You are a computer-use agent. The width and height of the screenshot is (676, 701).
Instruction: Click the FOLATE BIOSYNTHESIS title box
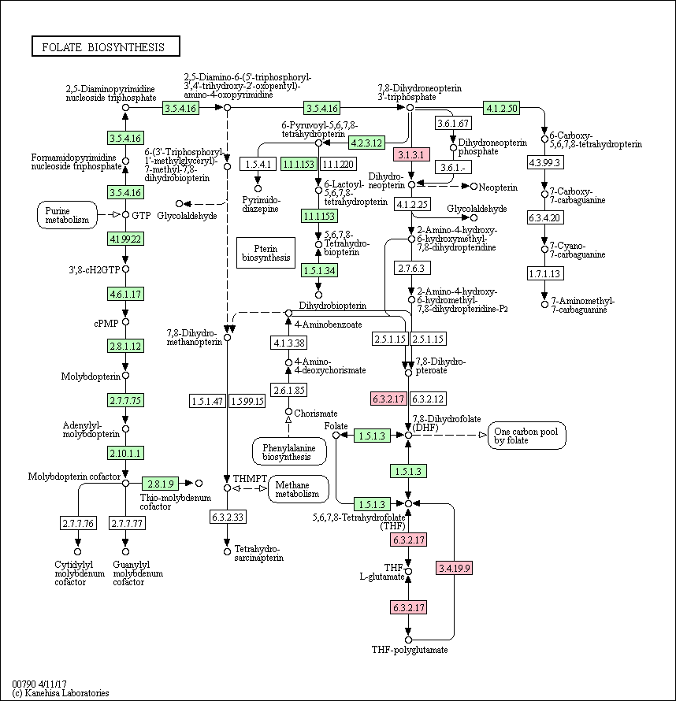106,46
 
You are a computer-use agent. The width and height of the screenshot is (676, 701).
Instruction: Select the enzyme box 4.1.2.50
502,108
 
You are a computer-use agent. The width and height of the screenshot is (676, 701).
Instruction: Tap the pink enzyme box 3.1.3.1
411,154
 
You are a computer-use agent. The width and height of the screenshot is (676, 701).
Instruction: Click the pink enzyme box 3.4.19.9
455,568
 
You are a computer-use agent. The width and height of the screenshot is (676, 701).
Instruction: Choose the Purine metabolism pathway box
67,215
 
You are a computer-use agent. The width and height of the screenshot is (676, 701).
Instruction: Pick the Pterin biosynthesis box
266,253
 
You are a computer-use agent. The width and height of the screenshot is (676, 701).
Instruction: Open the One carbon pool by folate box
526,436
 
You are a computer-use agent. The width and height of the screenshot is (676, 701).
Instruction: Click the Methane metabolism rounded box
298,489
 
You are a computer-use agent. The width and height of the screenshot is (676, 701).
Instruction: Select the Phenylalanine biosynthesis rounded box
289,451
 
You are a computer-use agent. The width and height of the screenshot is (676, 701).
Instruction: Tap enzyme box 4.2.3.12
366,143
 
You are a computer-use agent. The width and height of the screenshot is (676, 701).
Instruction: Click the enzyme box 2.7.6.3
412,268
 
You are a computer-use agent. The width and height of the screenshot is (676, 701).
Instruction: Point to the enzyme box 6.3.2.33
228,517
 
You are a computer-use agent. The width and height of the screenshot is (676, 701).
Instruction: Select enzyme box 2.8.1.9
161,484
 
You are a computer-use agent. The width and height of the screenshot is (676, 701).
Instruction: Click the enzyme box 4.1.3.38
289,343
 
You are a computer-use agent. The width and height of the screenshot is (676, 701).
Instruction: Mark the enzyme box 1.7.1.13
545,273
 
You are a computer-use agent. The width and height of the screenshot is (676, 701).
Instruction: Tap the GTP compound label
141,216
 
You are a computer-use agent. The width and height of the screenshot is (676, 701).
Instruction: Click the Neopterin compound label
498,187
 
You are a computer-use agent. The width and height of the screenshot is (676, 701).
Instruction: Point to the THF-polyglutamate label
410,650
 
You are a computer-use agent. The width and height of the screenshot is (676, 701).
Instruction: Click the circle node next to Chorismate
289,411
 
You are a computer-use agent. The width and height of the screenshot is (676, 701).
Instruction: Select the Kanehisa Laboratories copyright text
61,693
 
